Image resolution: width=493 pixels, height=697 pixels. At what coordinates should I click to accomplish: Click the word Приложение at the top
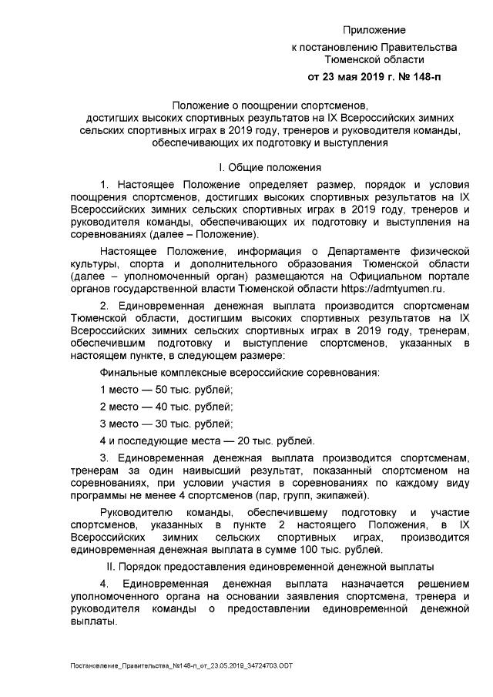click(x=374, y=30)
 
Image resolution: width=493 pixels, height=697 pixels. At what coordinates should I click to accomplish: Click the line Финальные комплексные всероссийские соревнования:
click(x=239, y=373)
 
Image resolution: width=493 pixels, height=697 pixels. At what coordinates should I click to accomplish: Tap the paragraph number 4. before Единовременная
click(x=105, y=585)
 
